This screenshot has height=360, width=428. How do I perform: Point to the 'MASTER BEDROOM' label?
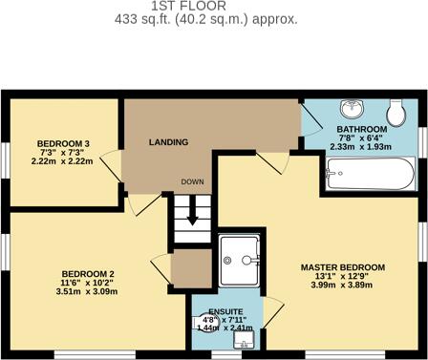(x=342, y=266)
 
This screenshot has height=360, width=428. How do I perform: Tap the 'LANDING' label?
(x=168, y=142)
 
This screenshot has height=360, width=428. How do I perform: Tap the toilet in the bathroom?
(x=399, y=113)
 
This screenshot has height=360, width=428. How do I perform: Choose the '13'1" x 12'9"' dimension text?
(x=342, y=278)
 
